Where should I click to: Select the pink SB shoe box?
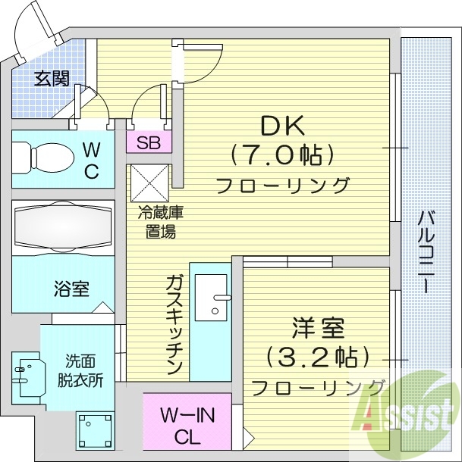[x=148, y=142]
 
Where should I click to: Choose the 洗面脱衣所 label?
[x=80, y=371]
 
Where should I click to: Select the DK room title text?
[x=280, y=125]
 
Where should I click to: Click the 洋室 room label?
[x=318, y=329]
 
